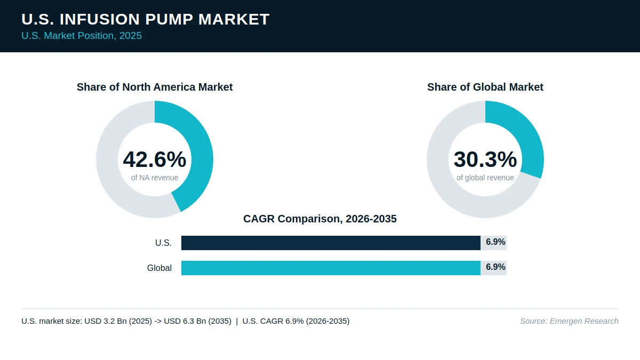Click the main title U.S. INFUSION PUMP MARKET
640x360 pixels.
pos(146,19)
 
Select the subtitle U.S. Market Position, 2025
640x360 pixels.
pos(82,36)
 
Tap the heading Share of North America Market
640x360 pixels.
pos(155,87)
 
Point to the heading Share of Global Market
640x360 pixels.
pos(485,87)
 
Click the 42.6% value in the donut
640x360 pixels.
pos(155,159)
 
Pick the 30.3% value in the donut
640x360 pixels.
pos(485,159)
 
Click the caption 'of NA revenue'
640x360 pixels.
pos(155,178)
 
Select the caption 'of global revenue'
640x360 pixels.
pos(485,178)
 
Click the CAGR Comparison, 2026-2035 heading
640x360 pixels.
pos(319,219)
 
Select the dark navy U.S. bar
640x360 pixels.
pos(331,243)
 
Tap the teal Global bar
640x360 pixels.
pos(331,268)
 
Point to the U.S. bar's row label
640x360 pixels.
pos(163,243)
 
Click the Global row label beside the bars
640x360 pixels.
pos(159,268)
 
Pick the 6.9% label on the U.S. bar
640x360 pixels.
pos(495,242)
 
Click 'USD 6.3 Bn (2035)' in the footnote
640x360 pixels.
pos(197,321)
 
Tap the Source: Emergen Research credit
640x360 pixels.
pos(569,321)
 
